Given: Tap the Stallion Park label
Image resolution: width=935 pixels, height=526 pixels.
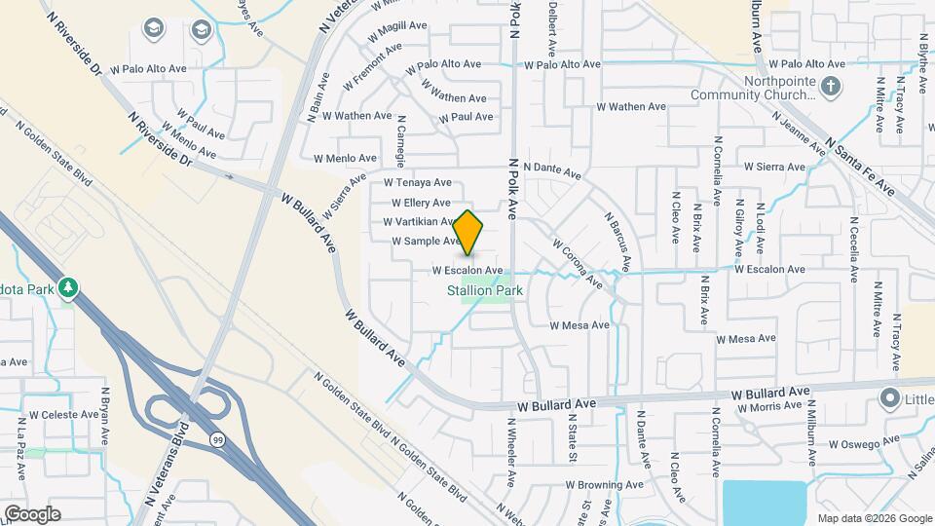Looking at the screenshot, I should [485, 290].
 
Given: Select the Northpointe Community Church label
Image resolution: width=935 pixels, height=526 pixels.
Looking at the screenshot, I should [751, 89].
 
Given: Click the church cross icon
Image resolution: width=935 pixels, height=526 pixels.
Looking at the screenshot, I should [829, 89].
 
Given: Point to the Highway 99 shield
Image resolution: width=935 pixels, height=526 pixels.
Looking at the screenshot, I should [216, 440].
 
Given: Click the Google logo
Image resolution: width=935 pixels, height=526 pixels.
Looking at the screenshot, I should [32, 513].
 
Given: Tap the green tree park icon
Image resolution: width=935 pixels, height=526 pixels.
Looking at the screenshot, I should [67, 288].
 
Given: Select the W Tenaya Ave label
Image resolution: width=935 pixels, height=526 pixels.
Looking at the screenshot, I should [417, 182].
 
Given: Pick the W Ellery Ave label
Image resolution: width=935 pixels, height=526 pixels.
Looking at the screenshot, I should [421, 203].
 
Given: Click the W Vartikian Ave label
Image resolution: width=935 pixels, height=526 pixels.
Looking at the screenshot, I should [422, 222].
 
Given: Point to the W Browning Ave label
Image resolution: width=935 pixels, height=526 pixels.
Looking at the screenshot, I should [604, 484].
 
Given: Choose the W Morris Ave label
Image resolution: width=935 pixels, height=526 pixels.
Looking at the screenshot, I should [769, 407].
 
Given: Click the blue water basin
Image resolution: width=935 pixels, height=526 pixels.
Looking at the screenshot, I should [764, 502].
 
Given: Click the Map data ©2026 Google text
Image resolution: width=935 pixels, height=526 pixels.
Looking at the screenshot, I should [873, 517].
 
